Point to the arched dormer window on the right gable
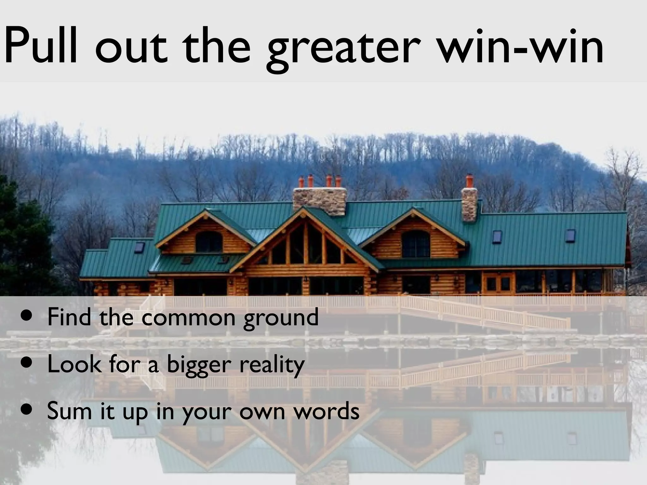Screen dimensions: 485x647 click(x=415, y=243)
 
